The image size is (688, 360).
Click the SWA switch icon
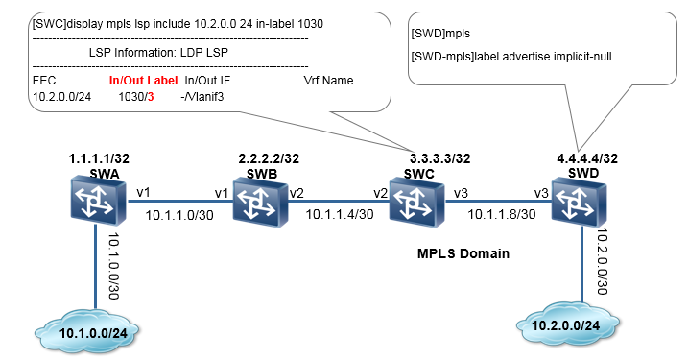(x=98, y=201)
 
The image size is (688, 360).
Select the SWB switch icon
(x=260, y=202)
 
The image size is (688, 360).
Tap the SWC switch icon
(x=416, y=202)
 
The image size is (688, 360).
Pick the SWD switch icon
(x=580, y=202)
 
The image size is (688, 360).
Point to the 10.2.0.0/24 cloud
(x=568, y=324)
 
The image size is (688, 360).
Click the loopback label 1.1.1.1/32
(x=99, y=158)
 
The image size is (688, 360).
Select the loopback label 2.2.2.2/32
(x=269, y=158)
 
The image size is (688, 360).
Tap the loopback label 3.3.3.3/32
(x=440, y=158)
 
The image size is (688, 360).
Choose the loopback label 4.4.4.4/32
(x=587, y=158)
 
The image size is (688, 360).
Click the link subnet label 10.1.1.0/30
(x=179, y=215)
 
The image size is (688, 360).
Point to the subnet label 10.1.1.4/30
(x=340, y=214)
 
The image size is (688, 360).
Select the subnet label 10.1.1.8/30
(x=502, y=214)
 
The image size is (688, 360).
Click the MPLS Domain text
(x=463, y=253)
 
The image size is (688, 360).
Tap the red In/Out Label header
(x=144, y=81)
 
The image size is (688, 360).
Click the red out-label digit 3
(x=151, y=97)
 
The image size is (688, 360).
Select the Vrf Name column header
(x=328, y=81)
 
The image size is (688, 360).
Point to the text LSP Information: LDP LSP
(x=158, y=52)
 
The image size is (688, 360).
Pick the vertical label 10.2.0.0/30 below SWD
(x=602, y=262)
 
